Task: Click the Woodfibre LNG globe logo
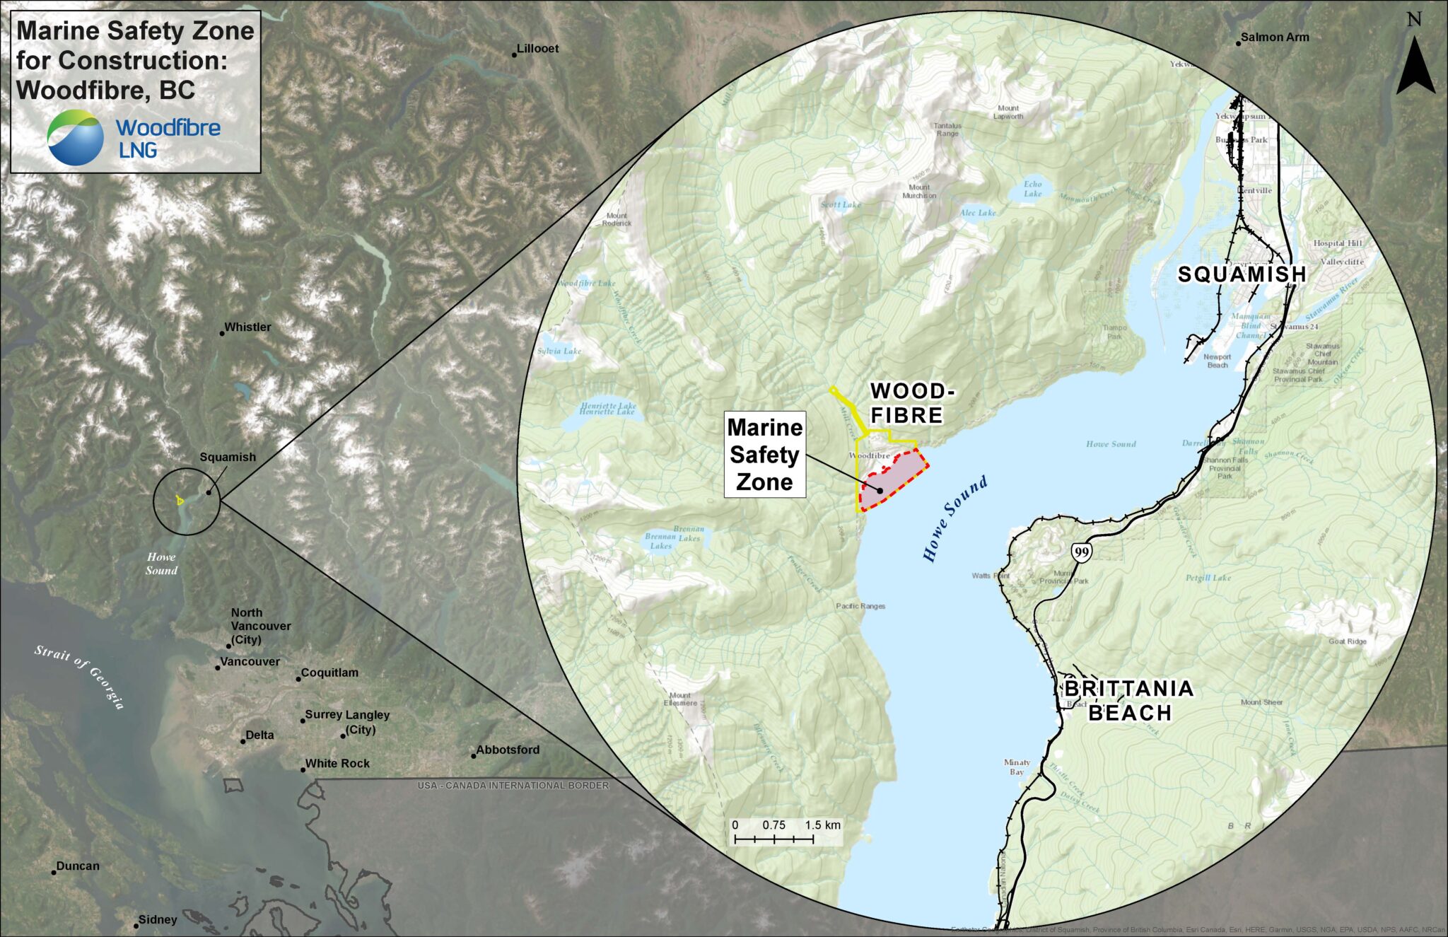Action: [x=75, y=137]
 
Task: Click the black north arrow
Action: [x=1415, y=67]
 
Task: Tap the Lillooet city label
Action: [x=537, y=49]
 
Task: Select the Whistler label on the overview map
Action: [x=247, y=327]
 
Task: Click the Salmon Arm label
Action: [x=1274, y=37]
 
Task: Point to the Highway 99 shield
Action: [x=1080, y=552]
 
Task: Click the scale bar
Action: [x=774, y=839]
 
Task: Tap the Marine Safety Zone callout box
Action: [x=764, y=455]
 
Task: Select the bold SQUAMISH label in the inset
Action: [x=1242, y=274]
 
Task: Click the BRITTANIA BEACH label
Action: [x=1129, y=700]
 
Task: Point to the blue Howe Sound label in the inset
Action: [x=954, y=519]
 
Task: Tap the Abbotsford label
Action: [x=508, y=750]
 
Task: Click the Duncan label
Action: [x=78, y=866]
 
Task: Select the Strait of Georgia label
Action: [x=80, y=676]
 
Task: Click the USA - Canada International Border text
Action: [x=513, y=786]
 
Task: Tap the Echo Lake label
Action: [x=1033, y=189]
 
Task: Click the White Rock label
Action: [x=337, y=764]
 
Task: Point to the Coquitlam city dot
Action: [x=298, y=679]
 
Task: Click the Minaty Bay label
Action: [x=1017, y=767]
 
